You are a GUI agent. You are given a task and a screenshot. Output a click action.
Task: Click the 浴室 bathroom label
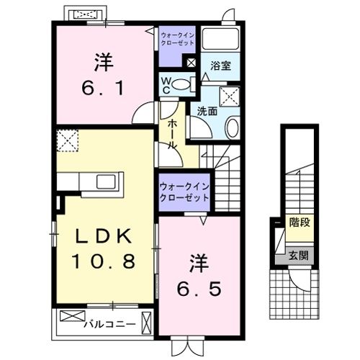click(220, 66)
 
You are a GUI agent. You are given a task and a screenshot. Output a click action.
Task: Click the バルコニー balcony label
click(109, 323)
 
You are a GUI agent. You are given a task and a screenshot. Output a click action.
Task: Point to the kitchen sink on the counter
click(101, 181)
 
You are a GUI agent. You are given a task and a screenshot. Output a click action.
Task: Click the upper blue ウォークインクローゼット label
click(178, 38)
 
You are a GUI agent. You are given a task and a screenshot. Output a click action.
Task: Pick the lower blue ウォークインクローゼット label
click(184, 192)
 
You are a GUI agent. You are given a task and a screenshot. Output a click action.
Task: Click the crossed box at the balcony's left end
click(71, 316)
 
